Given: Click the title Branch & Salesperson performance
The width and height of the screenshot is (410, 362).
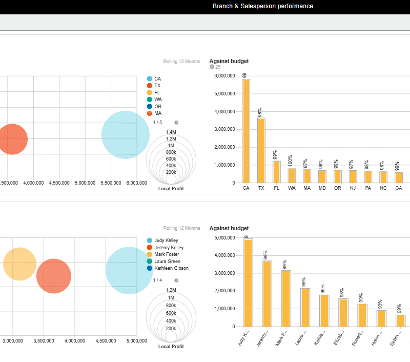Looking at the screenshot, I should point(262,6).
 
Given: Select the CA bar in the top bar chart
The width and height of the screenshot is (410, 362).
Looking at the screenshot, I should point(246,131).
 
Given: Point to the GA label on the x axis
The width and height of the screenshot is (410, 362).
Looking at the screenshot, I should point(398,189).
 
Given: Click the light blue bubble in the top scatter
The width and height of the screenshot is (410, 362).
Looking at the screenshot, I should point(125,134).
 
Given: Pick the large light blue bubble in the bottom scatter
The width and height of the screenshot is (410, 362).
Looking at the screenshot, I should point(129,270).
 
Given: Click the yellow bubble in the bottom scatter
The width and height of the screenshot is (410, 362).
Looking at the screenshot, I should point(19,264).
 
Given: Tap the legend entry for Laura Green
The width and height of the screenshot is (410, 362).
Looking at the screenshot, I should point(167,262).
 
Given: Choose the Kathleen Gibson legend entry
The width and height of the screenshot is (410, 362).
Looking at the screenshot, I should point(171,268).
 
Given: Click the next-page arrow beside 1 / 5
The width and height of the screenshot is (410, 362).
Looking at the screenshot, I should point(176,123).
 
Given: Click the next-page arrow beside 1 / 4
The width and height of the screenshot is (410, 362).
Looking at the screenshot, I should point(176,280).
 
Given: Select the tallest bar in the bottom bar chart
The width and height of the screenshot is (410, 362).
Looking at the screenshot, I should point(248,283).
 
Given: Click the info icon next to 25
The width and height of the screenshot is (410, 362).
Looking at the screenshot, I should point(212,67).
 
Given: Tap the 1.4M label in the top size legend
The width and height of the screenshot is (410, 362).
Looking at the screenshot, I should point(171,132).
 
